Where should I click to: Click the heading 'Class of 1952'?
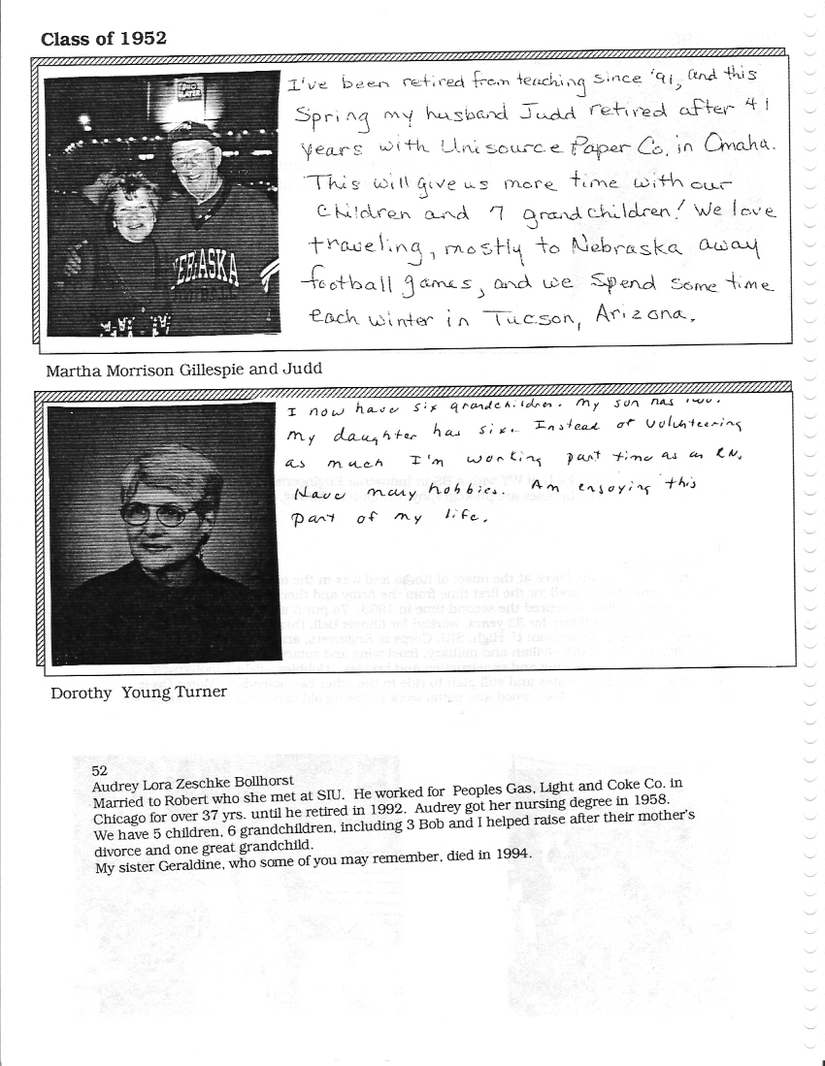coord(103,39)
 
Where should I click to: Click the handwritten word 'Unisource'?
coord(483,148)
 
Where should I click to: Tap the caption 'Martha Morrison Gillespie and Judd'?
coord(183,369)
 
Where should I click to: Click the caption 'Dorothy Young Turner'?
coord(140,692)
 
